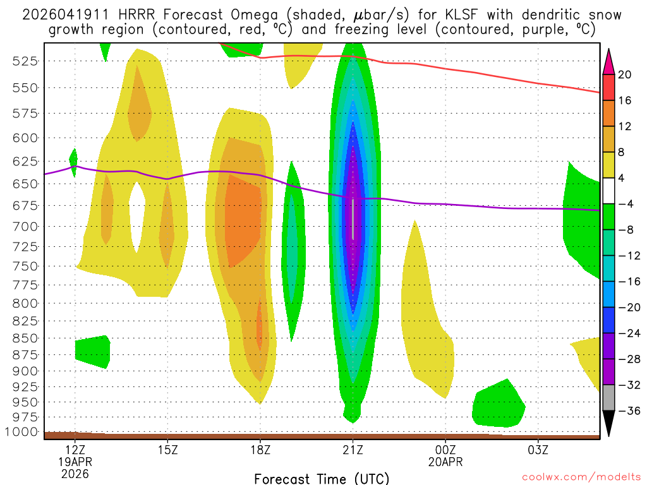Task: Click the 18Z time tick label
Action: [x=260, y=451]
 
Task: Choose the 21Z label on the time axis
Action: [x=353, y=451]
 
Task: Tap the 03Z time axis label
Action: [x=538, y=451]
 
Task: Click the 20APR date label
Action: [x=445, y=462]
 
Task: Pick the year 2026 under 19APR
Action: [x=75, y=474]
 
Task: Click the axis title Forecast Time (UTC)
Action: [x=322, y=479]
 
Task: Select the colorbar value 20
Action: [x=625, y=75]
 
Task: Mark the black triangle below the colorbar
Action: [x=609, y=423]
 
